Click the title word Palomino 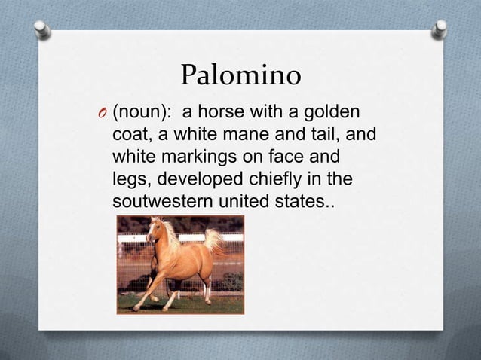click(x=240, y=75)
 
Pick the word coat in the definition click(x=131, y=136)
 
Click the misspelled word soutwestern click(x=170, y=203)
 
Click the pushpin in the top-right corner click(x=440, y=28)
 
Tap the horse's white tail click(x=213, y=240)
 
